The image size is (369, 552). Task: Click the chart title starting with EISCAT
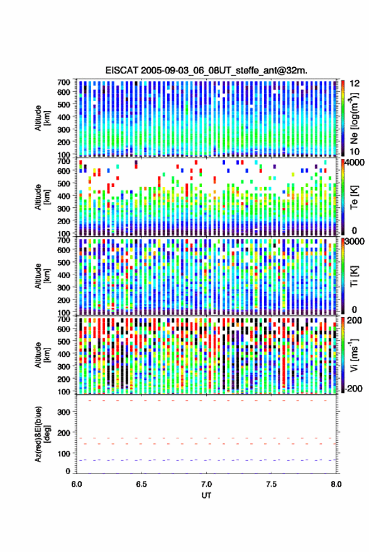coord(206,70)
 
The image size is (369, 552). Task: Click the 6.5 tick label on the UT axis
coord(141,484)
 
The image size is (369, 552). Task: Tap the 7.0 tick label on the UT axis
coord(207,484)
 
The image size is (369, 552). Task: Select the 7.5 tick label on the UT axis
coord(272,484)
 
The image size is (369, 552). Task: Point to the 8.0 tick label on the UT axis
coord(336,484)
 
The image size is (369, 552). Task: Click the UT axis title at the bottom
coord(206,495)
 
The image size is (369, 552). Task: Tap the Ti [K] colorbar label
coord(354,276)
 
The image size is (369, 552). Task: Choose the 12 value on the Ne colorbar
coord(355,84)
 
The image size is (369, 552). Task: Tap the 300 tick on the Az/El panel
coord(63,412)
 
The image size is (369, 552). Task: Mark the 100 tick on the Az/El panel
coord(63,453)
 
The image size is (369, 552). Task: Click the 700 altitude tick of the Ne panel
coord(63,82)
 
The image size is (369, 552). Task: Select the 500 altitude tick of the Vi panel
coord(63,341)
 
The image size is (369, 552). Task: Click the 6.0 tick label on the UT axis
coord(77,484)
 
